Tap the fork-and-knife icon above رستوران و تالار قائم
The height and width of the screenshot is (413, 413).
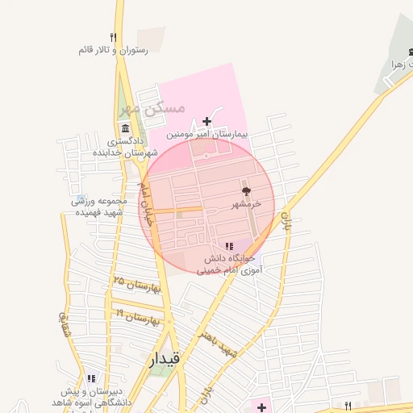tap(113, 37)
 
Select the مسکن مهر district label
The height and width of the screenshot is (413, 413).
tap(152, 107)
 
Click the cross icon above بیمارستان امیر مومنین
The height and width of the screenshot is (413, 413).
tap(207, 121)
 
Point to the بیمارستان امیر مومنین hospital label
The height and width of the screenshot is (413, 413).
tap(207, 135)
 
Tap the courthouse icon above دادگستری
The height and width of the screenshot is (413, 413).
tap(125, 129)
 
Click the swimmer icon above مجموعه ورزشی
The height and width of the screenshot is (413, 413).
tap(79, 198)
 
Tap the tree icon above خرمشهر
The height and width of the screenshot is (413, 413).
tap(246, 192)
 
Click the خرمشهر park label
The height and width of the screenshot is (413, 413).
tap(246, 205)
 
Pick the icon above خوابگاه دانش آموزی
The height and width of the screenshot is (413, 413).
tap(229, 246)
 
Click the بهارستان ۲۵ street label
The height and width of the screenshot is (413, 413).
tap(137, 285)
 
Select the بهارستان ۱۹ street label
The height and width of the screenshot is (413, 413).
tap(142, 315)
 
